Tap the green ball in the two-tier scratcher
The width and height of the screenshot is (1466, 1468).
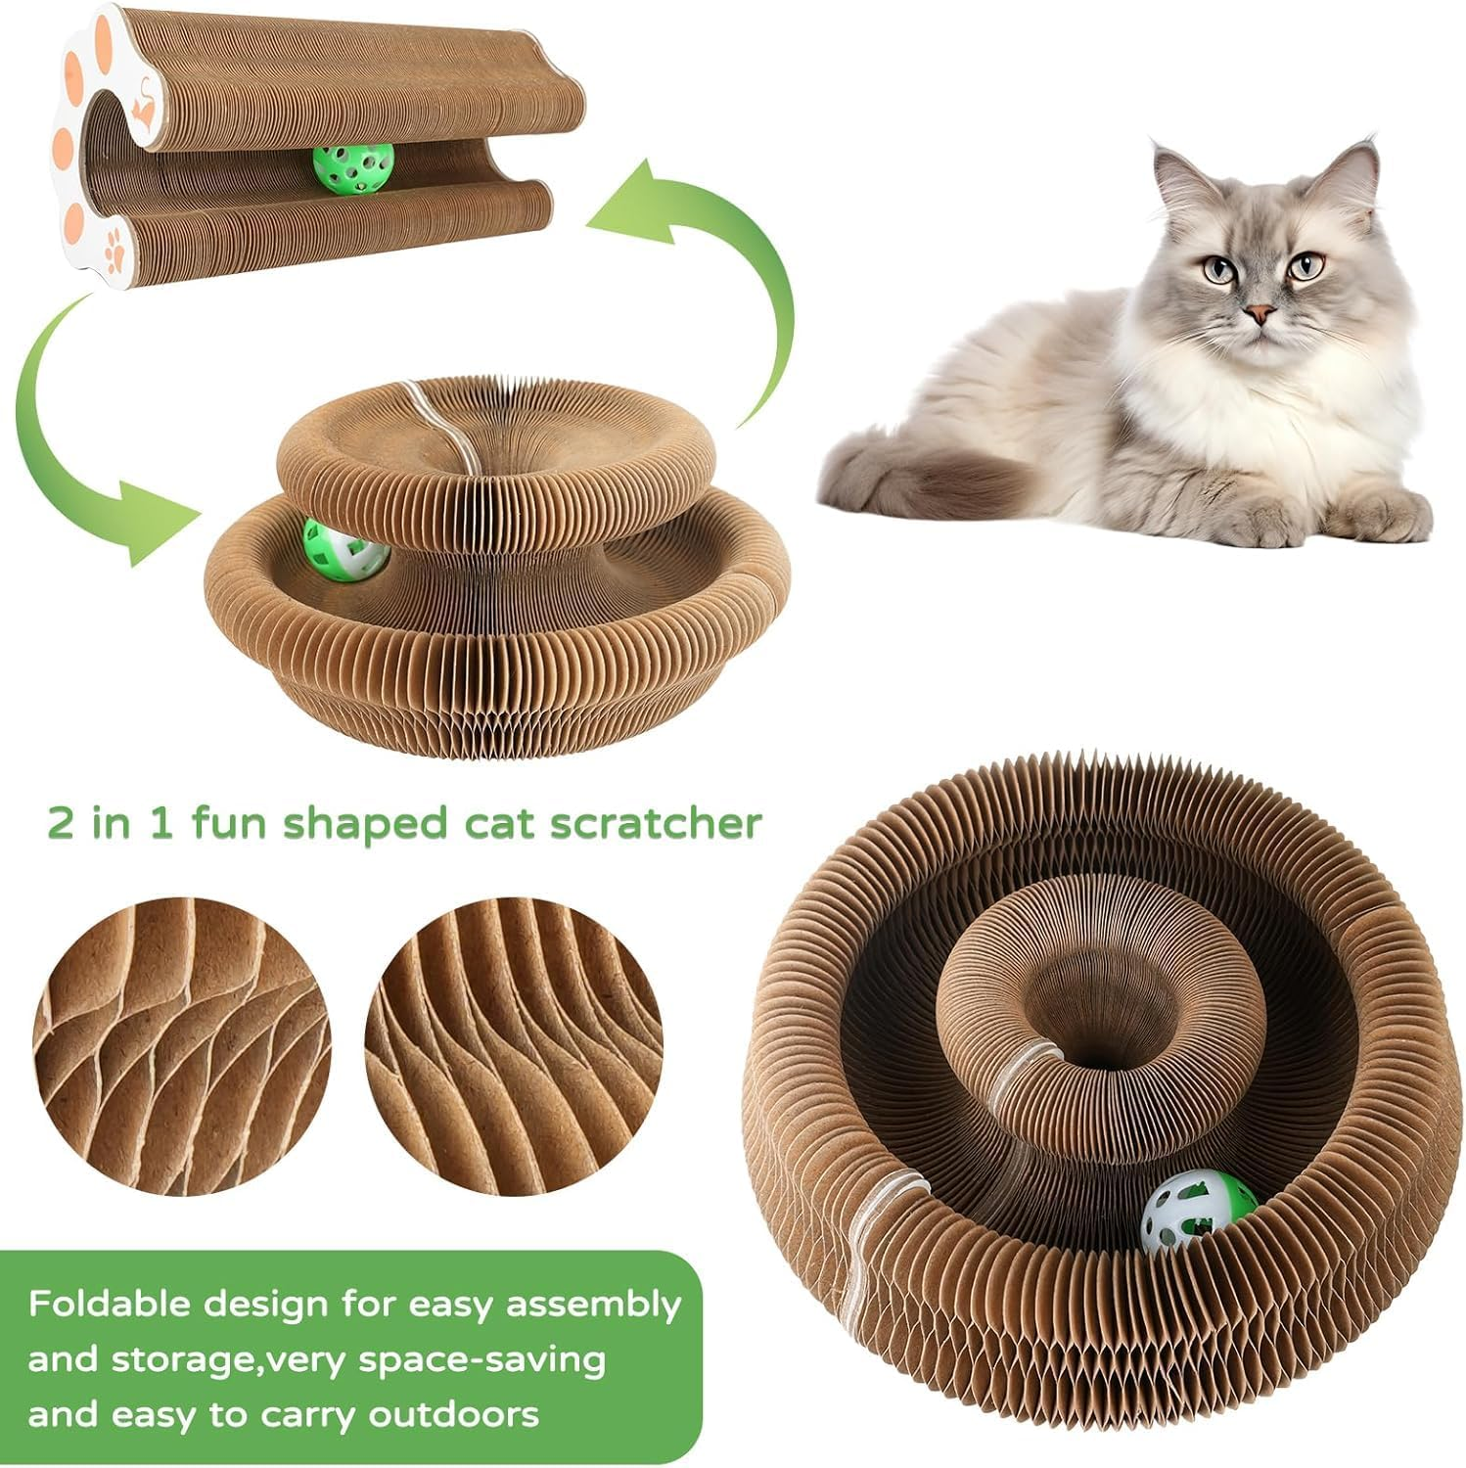point(344,549)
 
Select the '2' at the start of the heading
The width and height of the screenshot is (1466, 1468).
point(61,823)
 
